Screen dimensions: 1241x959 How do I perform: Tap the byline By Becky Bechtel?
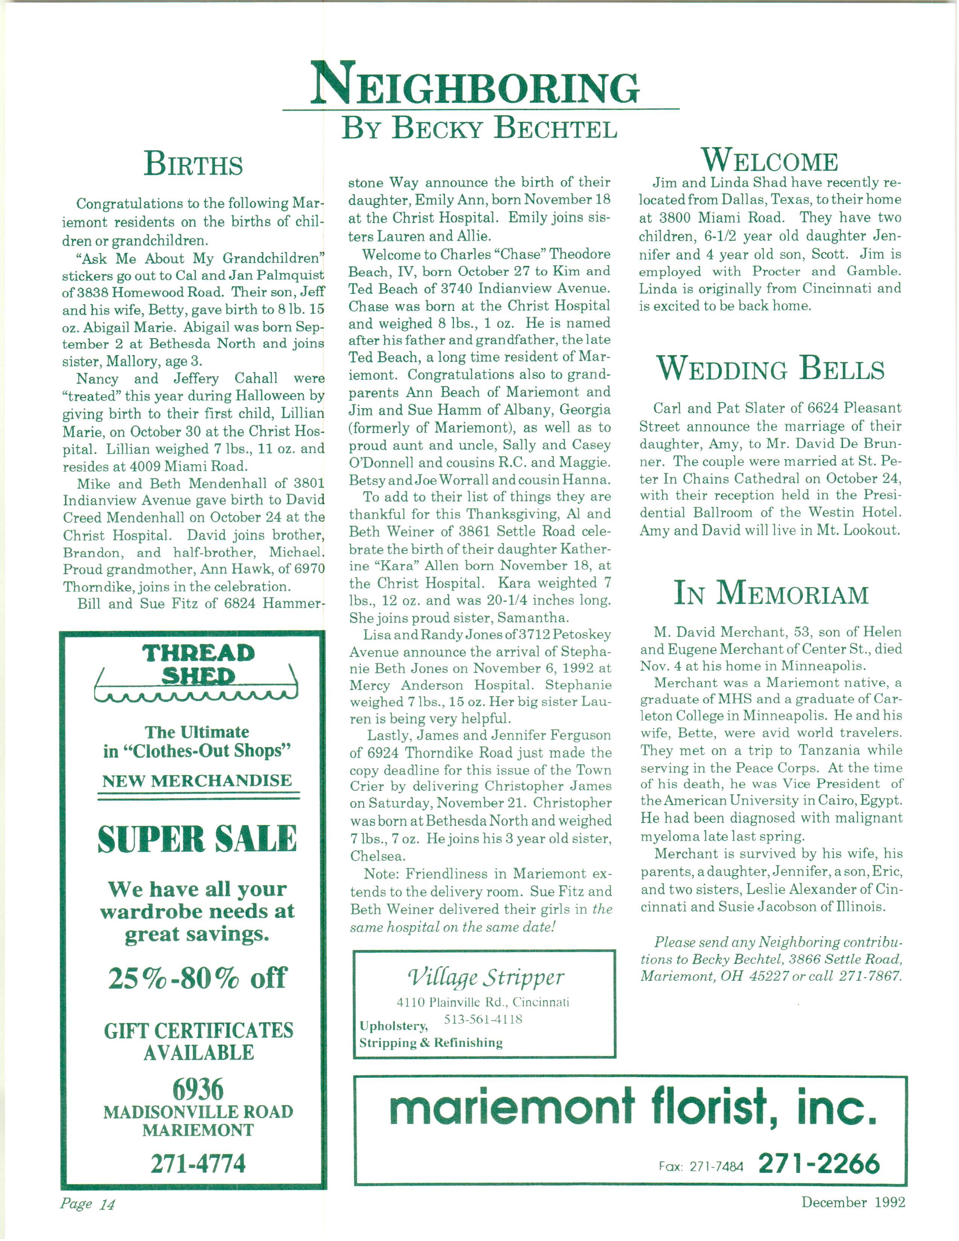coord(479,128)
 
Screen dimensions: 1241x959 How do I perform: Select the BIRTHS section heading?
coord(193,164)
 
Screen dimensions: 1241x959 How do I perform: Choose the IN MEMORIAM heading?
coord(771,593)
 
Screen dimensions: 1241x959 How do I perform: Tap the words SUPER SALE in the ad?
coord(197,839)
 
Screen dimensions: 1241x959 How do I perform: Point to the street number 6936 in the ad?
coord(198,1090)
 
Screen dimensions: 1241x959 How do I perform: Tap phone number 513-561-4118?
coord(483,1019)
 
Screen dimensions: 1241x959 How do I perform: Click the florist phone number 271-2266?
coord(819,1163)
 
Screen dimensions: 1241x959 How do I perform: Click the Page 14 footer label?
coord(88,1203)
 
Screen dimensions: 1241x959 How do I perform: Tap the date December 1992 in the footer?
coord(853,1202)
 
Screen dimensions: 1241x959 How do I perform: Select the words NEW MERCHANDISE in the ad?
coord(197,781)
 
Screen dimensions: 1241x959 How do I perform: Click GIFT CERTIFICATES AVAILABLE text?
coord(198,1041)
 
